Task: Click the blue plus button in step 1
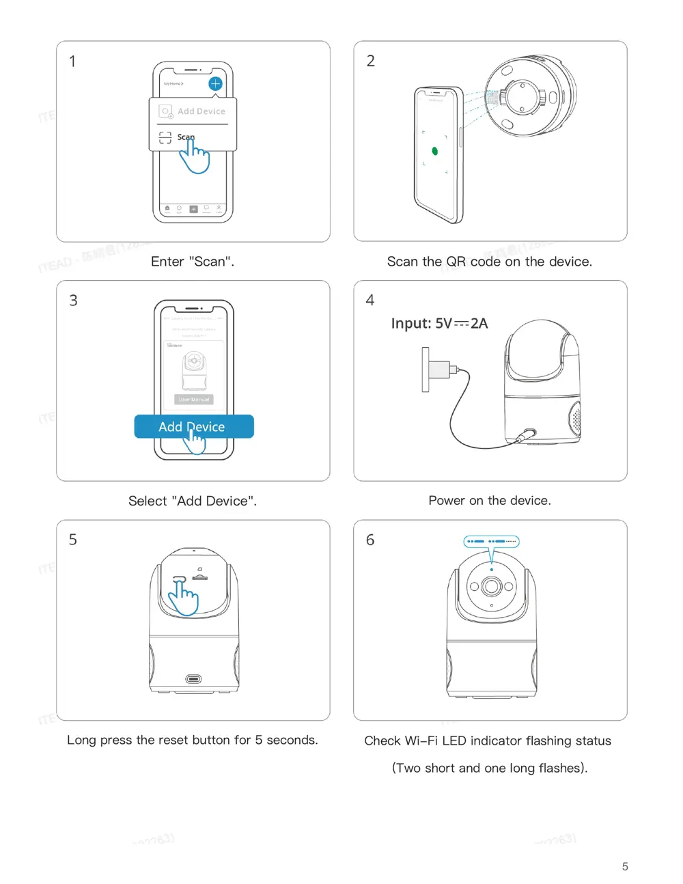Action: tap(215, 83)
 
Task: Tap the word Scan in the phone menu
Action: tap(186, 137)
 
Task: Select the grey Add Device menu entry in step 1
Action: tap(200, 111)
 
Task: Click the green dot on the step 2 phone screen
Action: tap(435, 151)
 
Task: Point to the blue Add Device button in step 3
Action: tap(194, 426)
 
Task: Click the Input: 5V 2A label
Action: tap(439, 323)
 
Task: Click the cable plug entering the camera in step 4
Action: tap(527, 434)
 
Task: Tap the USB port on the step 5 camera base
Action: tap(194, 678)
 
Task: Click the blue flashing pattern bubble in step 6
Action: tap(492, 541)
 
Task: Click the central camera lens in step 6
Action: tap(491, 586)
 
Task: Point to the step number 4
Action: tap(370, 301)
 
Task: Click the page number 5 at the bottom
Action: tap(625, 866)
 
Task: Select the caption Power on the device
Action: tap(490, 501)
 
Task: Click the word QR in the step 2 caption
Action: tap(456, 262)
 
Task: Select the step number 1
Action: tap(72, 61)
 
